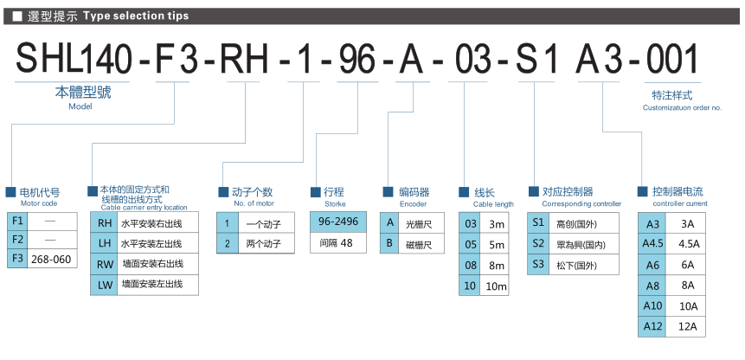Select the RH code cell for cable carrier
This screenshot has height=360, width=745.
coord(103,223)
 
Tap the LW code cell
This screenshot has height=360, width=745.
coord(103,284)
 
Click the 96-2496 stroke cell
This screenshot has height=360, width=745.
coord(338,222)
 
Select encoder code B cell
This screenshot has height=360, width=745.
coord(390,244)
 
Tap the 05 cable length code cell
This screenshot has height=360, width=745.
coord(471,245)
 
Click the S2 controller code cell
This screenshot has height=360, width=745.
coord(538,244)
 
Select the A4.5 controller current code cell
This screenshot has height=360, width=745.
coord(653,244)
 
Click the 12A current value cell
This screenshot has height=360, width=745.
coord(688,326)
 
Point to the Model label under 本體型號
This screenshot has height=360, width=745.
coord(80,106)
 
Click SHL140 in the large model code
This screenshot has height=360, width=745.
coord(74,59)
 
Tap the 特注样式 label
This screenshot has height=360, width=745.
coord(671,95)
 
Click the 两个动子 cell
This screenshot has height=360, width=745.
coord(264,244)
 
